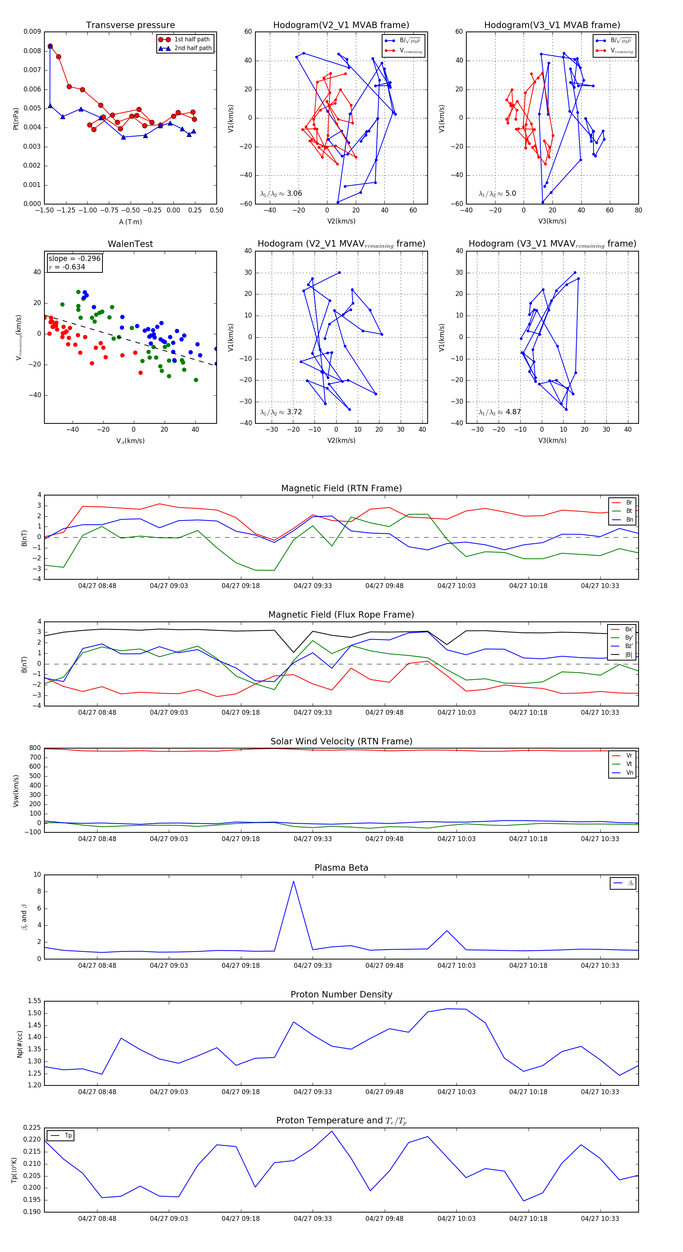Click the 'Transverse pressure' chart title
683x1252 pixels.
click(x=130, y=25)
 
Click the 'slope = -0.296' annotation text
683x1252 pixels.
click(x=74, y=259)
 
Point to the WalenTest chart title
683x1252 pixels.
click(x=130, y=244)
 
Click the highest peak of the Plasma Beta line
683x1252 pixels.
click(x=293, y=881)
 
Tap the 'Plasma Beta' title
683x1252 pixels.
click(x=341, y=868)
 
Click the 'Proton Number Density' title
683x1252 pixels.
click(x=341, y=994)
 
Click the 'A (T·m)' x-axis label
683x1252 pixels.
click(x=130, y=222)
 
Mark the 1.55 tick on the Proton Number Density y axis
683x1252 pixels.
click(x=34, y=1001)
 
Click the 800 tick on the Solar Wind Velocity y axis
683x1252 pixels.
click(x=35, y=748)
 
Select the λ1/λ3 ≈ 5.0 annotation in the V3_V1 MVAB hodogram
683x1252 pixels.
click(x=497, y=193)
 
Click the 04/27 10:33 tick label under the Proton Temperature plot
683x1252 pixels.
click(x=600, y=1219)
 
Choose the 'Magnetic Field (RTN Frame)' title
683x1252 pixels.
click(x=341, y=488)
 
